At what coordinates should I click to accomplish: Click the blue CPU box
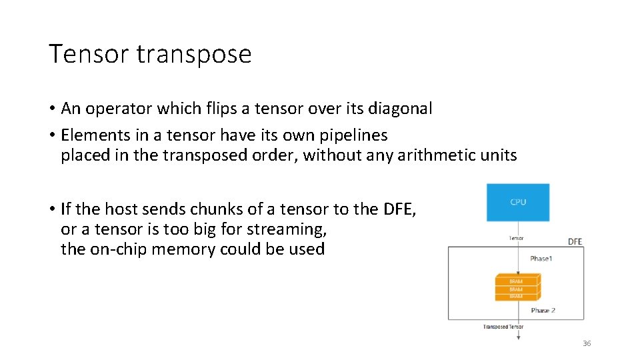pos(518,203)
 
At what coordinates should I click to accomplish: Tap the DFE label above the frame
pos(575,241)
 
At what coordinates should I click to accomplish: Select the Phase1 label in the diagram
pos(541,258)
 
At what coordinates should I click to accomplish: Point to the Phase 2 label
pos(543,310)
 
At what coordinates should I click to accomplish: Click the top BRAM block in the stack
pos(517,281)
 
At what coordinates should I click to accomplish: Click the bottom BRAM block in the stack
pos(517,296)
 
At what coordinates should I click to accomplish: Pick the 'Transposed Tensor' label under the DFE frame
pos(503,327)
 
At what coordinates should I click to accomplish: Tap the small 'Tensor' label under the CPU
pos(516,238)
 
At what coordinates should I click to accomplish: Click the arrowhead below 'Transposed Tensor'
pos(518,337)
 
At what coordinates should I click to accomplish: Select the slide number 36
pos(587,343)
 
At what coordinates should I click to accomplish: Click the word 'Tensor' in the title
pos(91,54)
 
